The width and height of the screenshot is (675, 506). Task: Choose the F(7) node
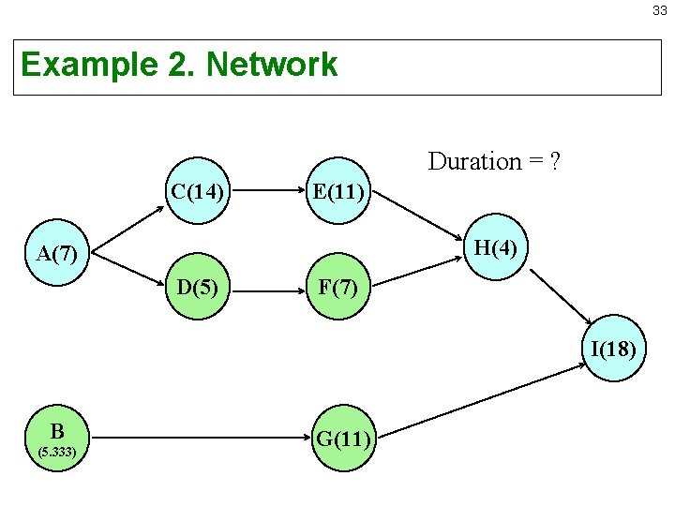[339, 286]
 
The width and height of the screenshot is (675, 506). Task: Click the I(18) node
[614, 350]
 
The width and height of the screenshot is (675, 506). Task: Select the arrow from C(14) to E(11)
[266, 190]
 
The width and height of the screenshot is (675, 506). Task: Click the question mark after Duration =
[555, 161]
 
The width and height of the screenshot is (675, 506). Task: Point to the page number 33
[660, 11]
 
